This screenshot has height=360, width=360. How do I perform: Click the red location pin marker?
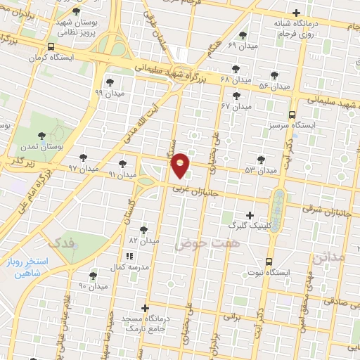181,165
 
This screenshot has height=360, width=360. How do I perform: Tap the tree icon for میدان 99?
109,82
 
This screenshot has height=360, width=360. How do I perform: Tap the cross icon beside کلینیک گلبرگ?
249,214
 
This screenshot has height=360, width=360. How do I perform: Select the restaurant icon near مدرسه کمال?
129,257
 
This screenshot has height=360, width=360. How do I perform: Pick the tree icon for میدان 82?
143,229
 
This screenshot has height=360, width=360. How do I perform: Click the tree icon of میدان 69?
243,35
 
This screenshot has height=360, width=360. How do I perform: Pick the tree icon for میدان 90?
93,275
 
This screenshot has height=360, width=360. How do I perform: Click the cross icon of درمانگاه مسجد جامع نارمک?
145,307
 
